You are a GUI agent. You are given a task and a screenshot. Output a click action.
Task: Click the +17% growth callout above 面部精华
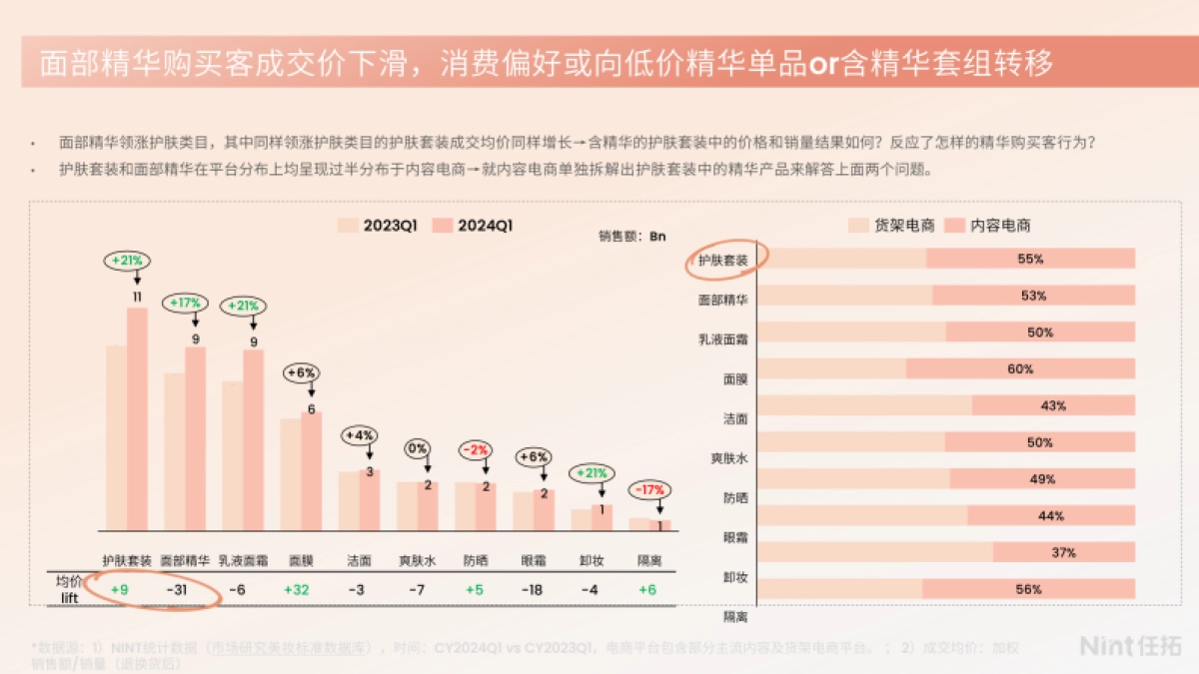(187, 303)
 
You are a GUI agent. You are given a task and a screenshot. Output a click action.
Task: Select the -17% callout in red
(649, 490)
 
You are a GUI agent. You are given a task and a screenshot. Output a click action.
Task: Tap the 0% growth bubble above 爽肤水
(418, 448)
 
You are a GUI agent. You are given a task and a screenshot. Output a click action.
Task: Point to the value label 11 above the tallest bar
(137, 297)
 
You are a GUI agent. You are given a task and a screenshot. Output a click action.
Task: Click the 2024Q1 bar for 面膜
(311, 470)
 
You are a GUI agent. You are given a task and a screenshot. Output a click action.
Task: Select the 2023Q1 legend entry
(378, 226)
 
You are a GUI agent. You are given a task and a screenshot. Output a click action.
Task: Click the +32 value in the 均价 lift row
(297, 589)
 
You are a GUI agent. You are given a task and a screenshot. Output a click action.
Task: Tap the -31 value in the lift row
(181, 589)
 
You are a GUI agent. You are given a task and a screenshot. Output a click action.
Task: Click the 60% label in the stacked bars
(1020, 368)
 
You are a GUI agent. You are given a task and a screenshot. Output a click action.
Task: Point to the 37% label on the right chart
(1063, 552)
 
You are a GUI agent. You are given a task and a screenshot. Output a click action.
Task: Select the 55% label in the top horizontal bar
(1030, 259)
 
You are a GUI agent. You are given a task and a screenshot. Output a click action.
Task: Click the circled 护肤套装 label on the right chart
(723, 260)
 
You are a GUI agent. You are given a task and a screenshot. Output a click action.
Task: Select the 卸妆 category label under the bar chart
(592, 561)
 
